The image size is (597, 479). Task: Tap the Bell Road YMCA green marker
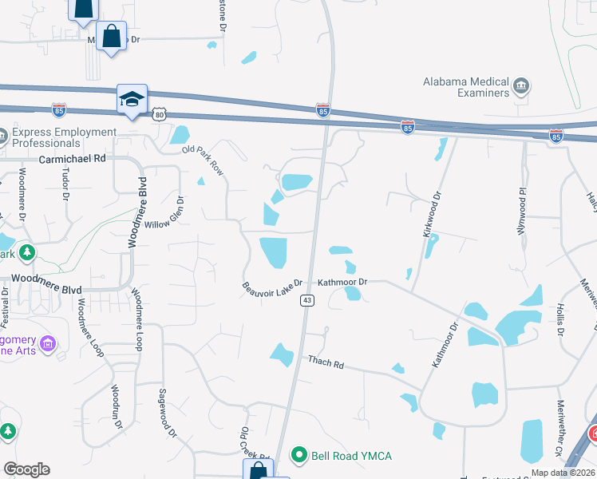click(x=299, y=455)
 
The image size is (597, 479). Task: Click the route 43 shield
click(x=306, y=300)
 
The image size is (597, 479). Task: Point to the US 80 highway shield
click(x=160, y=115)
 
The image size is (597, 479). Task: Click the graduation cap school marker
click(x=132, y=98)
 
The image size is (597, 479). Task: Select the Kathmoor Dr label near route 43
click(x=342, y=282)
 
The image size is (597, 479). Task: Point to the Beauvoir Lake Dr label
click(x=273, y=285)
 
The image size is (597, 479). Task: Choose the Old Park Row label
click(x=203, y=160)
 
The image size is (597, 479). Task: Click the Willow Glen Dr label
click(x=163, y=214)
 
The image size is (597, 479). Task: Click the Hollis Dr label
click(x=559, y=319)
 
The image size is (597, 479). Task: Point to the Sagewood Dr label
click(x=166, y=411)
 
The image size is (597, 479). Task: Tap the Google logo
click(x=26, y=469)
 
